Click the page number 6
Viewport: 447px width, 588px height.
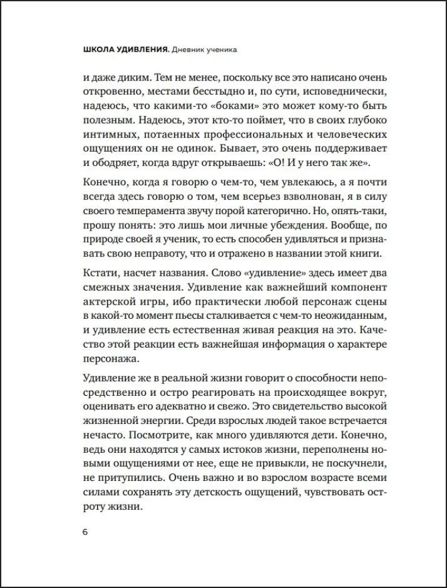85,533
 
